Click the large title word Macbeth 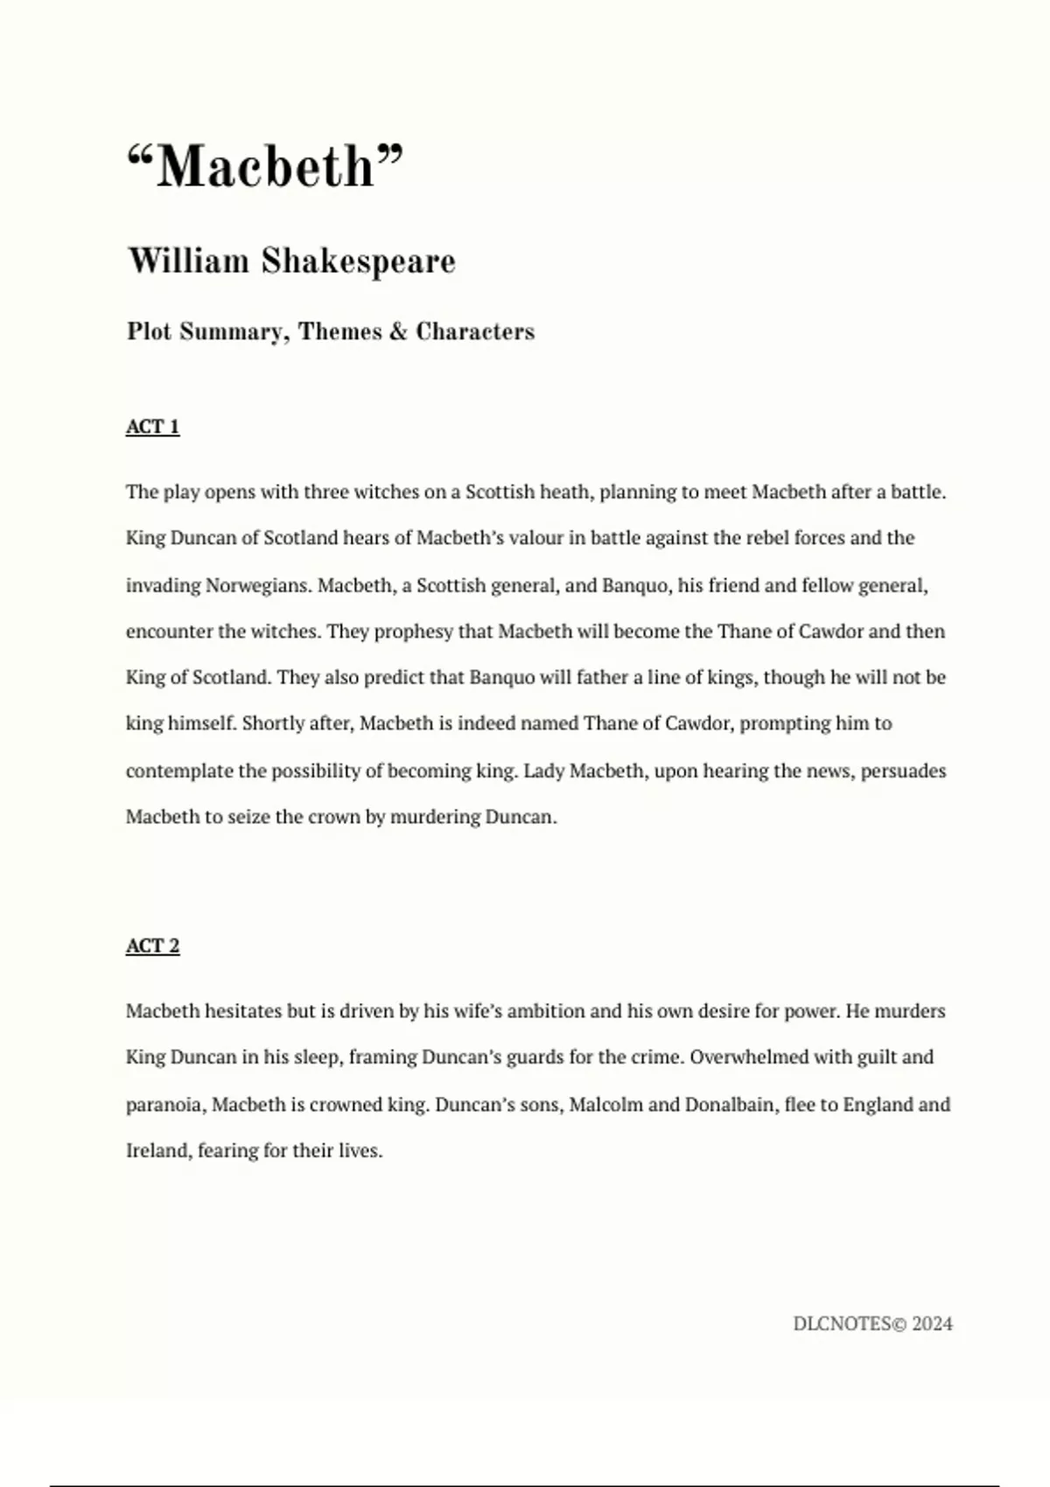pos(265,166)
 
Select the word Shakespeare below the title pos(359,262)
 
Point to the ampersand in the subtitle pos(399,332)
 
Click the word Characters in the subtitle pos(475,332)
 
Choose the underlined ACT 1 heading pos(152,427)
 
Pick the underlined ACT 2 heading pos(152,946)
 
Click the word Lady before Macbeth pos(543,771)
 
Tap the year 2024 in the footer pos(931,1324)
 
